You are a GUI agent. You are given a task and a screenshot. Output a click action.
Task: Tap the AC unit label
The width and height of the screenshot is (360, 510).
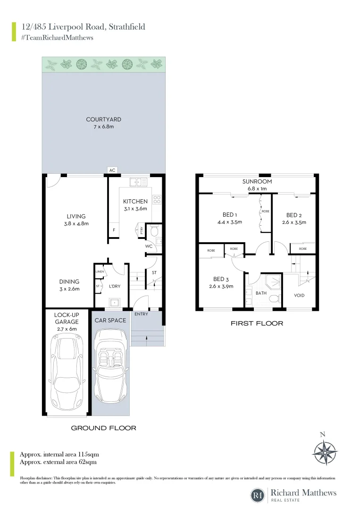pyautogui.click(x=112, y=170)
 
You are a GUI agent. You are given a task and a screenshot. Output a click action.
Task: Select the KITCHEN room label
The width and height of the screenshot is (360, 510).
pyautogui.click(x=135, y=201)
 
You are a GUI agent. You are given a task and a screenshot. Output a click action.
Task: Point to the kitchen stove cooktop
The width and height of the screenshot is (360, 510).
pyautogui.click(x=157, y=199)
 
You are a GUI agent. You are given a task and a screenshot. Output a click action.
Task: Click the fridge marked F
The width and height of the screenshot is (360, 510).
pyautogui.click(x=114, y=230)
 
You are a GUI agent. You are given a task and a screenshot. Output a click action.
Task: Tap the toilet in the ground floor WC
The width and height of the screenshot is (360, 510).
pyautogui.click(x=153, y=230)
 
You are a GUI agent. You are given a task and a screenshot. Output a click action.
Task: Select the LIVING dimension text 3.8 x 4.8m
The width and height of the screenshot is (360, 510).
pyautogui.click(x=76, y=224)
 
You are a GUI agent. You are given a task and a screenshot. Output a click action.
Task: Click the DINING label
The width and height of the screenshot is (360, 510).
pyautogui.click(x=69, y=282)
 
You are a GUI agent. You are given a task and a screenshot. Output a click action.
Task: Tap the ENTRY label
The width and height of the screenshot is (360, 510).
pyautogui.click(x=141, y=314)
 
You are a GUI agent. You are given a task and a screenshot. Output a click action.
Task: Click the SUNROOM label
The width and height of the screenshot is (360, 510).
pyautogui.click(x=257, y=181)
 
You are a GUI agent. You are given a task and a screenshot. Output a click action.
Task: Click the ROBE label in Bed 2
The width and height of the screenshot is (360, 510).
pyautogui.click(x=302, y=248)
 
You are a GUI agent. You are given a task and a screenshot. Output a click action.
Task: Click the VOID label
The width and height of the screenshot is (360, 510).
pyautogui.click(x=299, y=296)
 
